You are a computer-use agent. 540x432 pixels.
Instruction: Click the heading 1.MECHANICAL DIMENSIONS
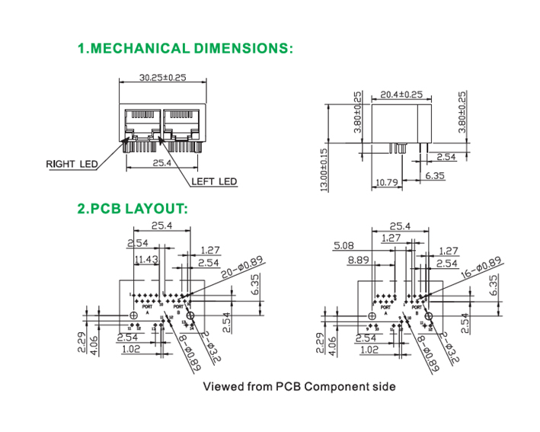click(x=185, y=49)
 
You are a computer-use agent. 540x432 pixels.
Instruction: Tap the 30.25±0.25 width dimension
click(x=163, y=78)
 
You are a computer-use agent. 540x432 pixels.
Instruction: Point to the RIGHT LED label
click(x=71, y=164)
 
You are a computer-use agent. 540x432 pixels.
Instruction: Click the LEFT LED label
click(x=214, y=181)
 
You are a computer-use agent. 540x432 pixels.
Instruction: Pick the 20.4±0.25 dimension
click(x=401, y=94)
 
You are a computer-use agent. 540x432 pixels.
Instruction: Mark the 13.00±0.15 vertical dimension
click(x=323, y=169)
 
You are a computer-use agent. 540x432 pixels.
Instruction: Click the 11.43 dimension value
click(x=145, y=260)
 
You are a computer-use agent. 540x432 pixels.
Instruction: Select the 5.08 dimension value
click(x=343, y=246)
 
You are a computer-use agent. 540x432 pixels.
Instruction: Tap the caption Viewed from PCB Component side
click(x=299, y=386)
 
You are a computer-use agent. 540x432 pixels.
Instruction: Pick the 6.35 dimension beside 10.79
click(x=435, y=176)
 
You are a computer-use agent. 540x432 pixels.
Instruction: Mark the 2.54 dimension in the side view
click(x=446, y=157)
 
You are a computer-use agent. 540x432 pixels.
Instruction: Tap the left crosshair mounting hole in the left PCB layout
click(x=134, y=315)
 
